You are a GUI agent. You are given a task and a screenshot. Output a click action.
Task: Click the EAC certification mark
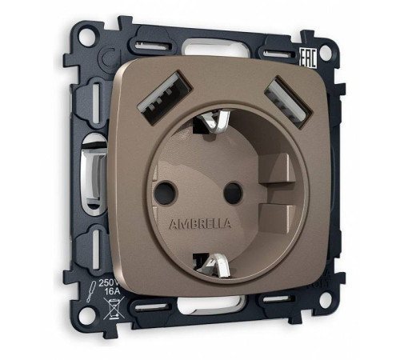tap(307, 58)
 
